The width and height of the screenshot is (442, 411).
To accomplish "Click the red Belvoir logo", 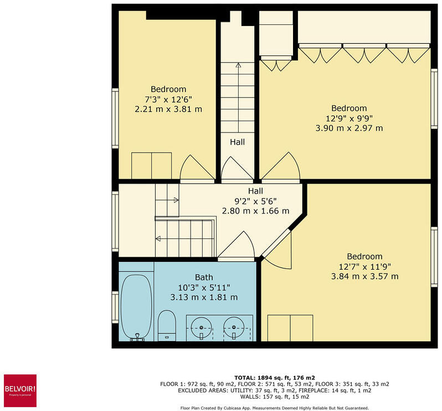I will pyautogui.click(x=20, y=387).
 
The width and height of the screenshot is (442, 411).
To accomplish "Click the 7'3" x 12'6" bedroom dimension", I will pyautogui.click(x=168, y=99).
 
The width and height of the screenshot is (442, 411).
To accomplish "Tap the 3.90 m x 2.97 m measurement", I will pyautogui.click(x=349, y=128).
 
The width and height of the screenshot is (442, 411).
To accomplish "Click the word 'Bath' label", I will pyautogui.click(x=204, y=277).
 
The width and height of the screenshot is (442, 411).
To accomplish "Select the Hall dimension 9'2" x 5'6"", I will pyautogui.click(x=255, y=201).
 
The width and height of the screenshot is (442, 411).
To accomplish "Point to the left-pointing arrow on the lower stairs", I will pyautogui.click(x=158, y=239).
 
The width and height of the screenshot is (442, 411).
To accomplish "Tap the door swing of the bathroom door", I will pyautogui.click(x=237, y=247).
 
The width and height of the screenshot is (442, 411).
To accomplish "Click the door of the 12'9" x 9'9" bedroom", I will pyautogui.click(x=282, y=166).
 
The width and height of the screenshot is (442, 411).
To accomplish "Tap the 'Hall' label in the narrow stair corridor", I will pyautogui.click(x=238, y=142).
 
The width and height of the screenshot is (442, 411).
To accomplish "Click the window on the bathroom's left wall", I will pyautogui.click(x=115, y=307).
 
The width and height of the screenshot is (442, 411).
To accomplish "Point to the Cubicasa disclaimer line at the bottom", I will pyautogui.click(x=275, y=408).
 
